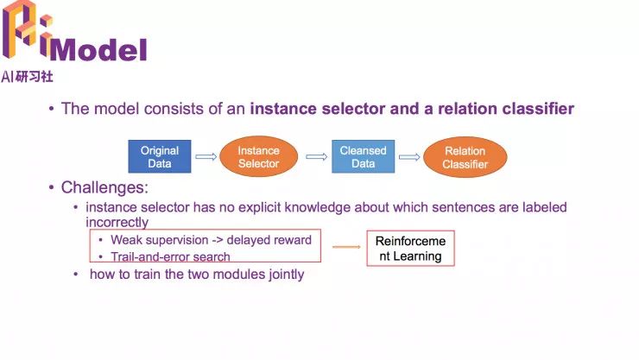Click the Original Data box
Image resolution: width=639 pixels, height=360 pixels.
pyautogui.click(x=160, y=156)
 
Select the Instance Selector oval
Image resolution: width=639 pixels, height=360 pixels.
pyautogui.click(x=259, y=156)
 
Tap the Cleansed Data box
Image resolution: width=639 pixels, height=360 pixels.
pyautogui.click(x=363, y=156)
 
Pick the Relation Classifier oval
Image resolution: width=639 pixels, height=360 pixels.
pyautogui.click(x=465, y=157)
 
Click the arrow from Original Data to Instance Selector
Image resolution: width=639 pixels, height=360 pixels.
pyautogui.click(x=206, y=156)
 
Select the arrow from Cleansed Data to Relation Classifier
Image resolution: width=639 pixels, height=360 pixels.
pyautogui.click(x=408, y=156)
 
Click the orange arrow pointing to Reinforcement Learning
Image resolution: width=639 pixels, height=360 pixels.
pyautogui.click(x=346, y=248)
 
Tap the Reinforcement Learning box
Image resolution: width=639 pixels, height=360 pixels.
pyautogui.click(x=410, y=248)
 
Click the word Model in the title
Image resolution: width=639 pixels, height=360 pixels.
pyautogui.click(x=104, y=49)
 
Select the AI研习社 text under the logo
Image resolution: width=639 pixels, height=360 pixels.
pyautogui.click(x=27, y=76)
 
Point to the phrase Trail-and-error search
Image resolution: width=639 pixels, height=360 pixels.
pyautogui.click(x=170, y=256)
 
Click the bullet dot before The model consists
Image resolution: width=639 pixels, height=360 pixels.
pyautogui.click(x=52, y=110)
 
